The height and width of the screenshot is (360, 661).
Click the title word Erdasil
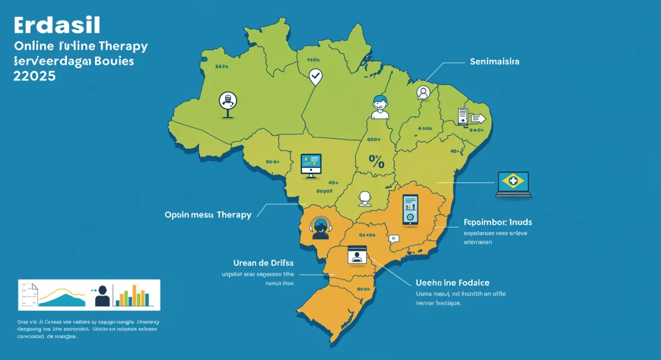tap(55, 26)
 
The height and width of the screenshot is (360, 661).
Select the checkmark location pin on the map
tap(315, 76)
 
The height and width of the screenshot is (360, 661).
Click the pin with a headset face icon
tap(227, 101)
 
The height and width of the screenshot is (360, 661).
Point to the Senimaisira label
tap(495, 62)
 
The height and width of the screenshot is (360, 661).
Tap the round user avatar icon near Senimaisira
tap(423, 92)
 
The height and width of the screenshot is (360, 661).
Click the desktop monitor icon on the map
tap(311, 165)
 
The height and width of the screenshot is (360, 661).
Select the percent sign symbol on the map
tap(376, 161)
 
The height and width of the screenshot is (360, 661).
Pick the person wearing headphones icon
tap(319, 227)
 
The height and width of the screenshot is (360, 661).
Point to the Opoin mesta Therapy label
tap(208, 215)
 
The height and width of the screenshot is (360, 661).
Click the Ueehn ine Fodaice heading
tap(453, 282)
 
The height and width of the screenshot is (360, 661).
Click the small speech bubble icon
tap(393, 239)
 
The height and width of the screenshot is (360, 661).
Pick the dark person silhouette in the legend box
tap(102, 296)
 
